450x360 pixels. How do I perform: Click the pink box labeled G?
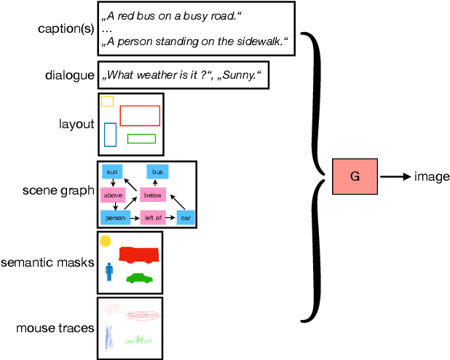(x=355, y=176)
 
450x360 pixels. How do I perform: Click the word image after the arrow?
(x=432, y=176)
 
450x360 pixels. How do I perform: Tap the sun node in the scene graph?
(x=112, y=172)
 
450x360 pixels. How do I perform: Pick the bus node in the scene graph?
(x=158, y=172)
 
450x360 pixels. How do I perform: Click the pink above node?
(x=113, y=195)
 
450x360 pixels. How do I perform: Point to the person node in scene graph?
(x=116, y=217)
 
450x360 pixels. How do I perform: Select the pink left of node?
(x=154, y=217)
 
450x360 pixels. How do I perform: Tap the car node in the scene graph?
(x=186, y=217)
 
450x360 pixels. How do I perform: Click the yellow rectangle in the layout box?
(x=107, y=101)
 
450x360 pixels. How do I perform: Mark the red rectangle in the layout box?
(x=140, y=115)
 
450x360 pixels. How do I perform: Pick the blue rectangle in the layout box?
(x=110, y=134)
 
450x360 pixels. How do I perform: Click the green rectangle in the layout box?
(x=141, y=138)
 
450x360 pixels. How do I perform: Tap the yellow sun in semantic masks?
(x=106, y=240)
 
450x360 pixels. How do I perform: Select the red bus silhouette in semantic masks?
(x=138, y=254)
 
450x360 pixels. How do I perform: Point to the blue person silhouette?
(x=109, y=272)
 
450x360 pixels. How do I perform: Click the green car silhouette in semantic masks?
(x=139, y=278)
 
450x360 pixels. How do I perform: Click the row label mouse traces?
(x=55, y=328)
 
